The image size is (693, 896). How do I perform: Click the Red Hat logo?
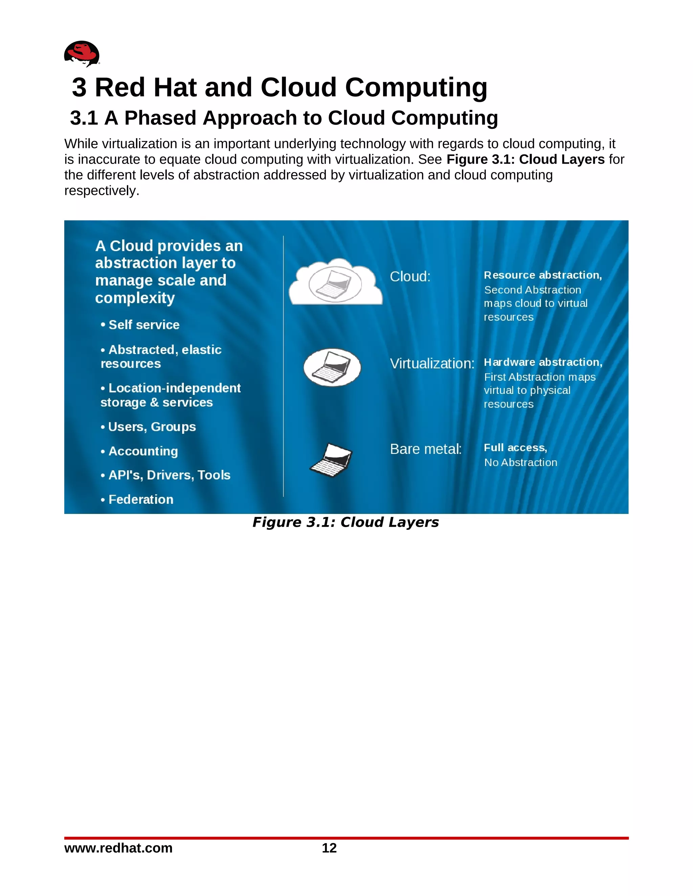(82, 53)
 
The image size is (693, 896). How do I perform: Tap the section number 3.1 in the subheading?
(84, 118)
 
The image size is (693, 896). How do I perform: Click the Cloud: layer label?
(410, 277)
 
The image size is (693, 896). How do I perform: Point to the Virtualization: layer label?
(432, 363)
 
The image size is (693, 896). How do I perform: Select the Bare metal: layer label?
(426, 449)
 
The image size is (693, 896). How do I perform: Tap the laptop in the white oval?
(332, 367)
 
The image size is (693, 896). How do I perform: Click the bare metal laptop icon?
(331, 460)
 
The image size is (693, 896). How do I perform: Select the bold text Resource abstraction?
(542, 275)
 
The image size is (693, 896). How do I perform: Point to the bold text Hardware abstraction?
(543, 362)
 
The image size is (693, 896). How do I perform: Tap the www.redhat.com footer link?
(118, 848)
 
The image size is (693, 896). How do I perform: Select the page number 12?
(329, 848)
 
